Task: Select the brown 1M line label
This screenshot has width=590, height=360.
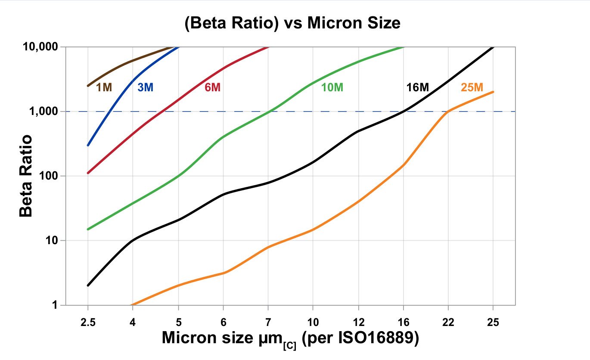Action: pos(104,87)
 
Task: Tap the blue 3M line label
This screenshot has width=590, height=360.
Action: pos(145,87)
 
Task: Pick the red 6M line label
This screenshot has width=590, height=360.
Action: pos(212,87)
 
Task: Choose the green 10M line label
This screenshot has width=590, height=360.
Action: pos(332,87)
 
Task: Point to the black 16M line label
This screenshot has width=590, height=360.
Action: pos(418,87)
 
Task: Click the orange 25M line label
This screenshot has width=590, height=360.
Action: pos(472,87)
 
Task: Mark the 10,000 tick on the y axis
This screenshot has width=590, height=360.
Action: pos(40,47)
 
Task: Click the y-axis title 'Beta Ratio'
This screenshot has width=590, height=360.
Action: pos(26,176)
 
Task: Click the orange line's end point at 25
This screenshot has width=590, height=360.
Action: pos(493,92)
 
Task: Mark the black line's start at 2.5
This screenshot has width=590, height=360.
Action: pos(88,286)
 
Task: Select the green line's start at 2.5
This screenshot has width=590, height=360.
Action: pos(88,229)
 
